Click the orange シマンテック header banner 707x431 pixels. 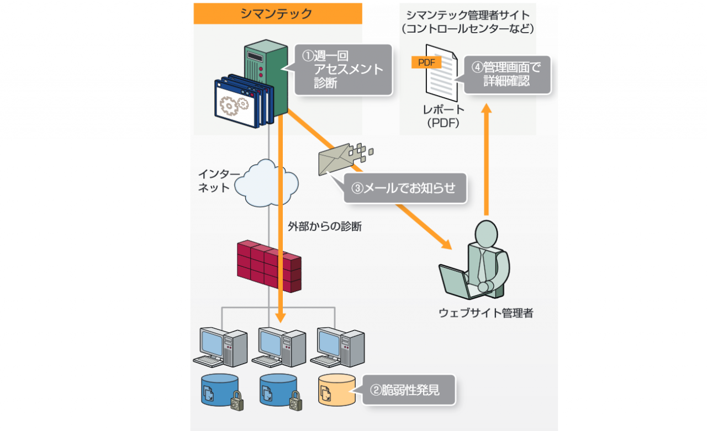click(277, 14)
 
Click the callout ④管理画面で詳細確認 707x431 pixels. click(508, 74)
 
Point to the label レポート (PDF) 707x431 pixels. click(444, 116)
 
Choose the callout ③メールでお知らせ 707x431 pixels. click(404, 188)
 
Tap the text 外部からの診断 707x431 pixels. click(325, 226)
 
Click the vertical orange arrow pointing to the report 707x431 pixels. click(487, 160)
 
